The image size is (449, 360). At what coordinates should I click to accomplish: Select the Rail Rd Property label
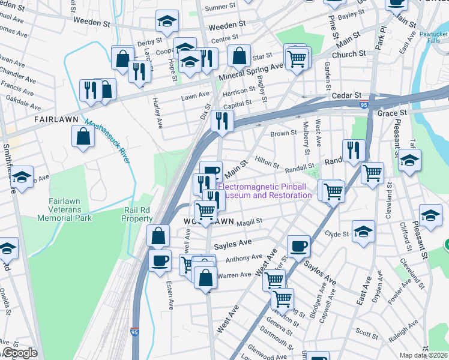click(138, 214)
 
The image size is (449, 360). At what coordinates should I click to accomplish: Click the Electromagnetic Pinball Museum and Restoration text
click(265, 191)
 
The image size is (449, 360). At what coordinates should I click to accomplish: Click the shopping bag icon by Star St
click(239, 57)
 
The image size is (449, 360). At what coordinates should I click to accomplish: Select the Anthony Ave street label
click(240, 259)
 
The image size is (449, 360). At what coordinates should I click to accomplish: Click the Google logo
click(20, 353)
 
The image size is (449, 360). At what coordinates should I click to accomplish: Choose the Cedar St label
click(347, 95)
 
